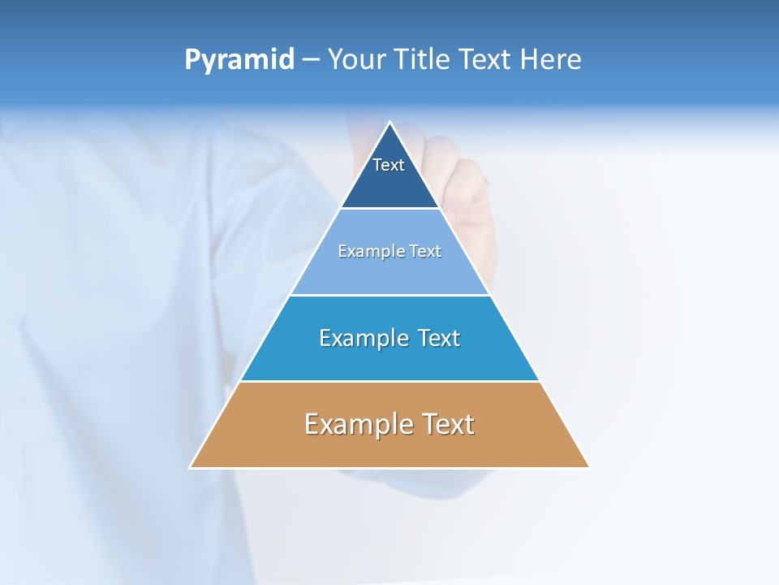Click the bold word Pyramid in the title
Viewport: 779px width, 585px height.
coord(239,60)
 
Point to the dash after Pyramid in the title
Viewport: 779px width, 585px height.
coord(311,60)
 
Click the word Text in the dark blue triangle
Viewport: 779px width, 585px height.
coord(389,165)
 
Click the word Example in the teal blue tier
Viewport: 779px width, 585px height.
coord(364,338)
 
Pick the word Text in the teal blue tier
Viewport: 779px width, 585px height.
coord(438,338)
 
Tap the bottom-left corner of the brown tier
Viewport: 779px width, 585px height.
coord(192,466)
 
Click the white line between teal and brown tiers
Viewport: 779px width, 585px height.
coord(389,381)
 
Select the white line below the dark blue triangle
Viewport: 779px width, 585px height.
coord(389,209)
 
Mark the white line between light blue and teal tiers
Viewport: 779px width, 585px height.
coord(389,295)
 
